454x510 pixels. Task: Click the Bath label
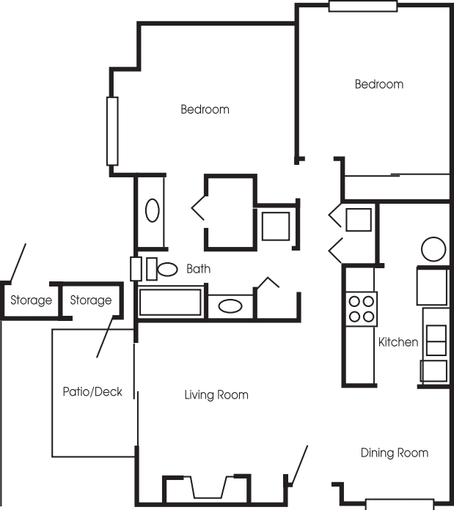[198, 269]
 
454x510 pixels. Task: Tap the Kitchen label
[398, 342]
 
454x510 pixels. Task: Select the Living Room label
[216, 395]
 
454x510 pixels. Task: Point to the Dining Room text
[395, 453]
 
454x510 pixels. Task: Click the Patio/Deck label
[92, 391]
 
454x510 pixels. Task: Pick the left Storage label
[32, 300]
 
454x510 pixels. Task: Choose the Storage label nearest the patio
[91, 300]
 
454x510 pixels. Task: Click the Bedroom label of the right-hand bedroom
[379, 84]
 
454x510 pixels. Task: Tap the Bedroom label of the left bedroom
[205, 109]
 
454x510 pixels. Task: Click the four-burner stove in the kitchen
[362, 309]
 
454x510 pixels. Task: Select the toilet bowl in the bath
[167, 270]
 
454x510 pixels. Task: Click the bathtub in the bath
[170, 302]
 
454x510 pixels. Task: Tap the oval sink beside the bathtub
[230, 306]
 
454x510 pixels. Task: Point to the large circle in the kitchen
[433, 249]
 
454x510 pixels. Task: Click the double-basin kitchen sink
[436, 340]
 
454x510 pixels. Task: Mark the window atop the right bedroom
[363, 6]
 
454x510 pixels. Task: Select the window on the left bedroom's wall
[112, 131]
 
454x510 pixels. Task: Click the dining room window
[400, 504]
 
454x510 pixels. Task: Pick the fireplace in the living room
[207, 489]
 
